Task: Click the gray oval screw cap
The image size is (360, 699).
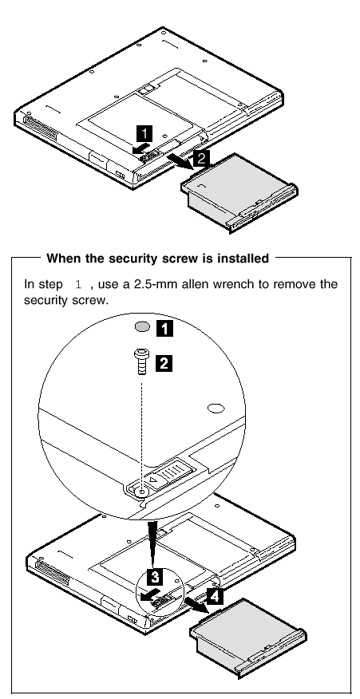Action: [142, 328]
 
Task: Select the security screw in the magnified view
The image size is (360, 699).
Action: [142, 363]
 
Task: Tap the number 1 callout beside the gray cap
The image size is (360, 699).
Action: [164, 329]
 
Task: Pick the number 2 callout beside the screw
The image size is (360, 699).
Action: [164, 363]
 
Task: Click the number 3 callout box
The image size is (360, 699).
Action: [154, 577]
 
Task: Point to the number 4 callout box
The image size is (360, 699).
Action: [215, 596]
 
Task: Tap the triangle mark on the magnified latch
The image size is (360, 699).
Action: [153, 481]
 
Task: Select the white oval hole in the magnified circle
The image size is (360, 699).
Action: [216, 408]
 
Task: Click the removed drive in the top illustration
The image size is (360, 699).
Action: [239, 192]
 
